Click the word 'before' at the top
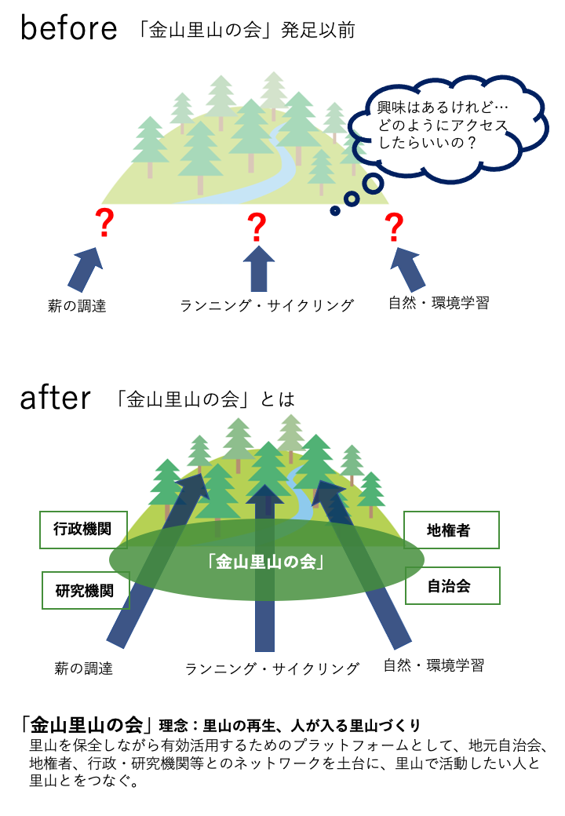(69, 29)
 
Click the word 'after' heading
(55, 399)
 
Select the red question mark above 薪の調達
(103, 225)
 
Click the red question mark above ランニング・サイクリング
(257, 227)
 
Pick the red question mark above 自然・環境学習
(394, 227)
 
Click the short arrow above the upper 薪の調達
(83, 271)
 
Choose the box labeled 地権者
(451, 530)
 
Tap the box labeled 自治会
(452, 585)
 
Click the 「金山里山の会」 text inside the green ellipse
(266, 562)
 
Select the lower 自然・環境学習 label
(434, 666)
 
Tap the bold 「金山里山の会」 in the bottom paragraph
(86, 723)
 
